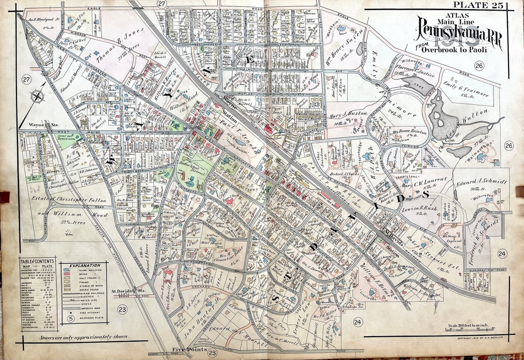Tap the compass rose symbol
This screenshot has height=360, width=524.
37,97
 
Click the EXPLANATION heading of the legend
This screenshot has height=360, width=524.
84,265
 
